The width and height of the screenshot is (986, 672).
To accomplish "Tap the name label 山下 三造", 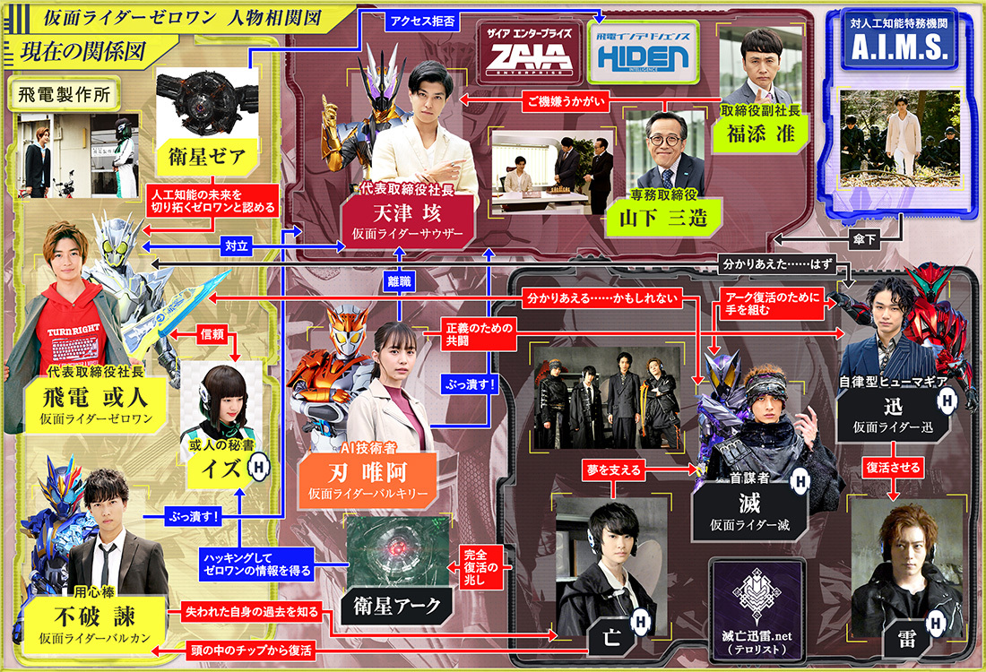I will click(x=655, y=217).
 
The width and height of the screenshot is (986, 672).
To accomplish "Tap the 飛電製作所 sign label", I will click(x=55, y=91).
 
